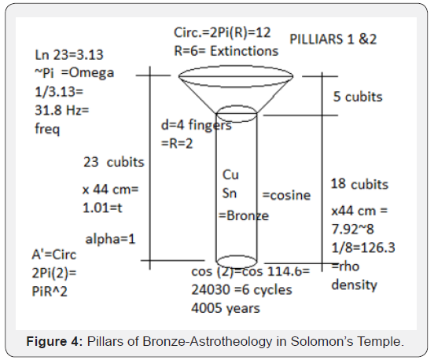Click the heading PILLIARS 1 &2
coord(333,39)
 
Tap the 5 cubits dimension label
coord(358,97)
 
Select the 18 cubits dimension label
coord(359,184)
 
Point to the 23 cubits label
coord(114,162)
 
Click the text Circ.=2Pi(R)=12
coord(222,33)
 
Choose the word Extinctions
coord(244,51)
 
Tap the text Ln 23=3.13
coord(69,55)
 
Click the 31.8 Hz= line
coord(62,110)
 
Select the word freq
coord(47,129)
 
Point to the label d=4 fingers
coord(197,125)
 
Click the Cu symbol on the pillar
coord(230,174)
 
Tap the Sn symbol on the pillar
coord(230,193)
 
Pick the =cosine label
coord(286,195)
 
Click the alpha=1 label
coord(110,239)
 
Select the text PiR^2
coord(50,292)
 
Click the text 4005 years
coord(226,308)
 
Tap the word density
coord(355,285)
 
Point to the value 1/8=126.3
coord(363,248)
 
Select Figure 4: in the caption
coord(54,341)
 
